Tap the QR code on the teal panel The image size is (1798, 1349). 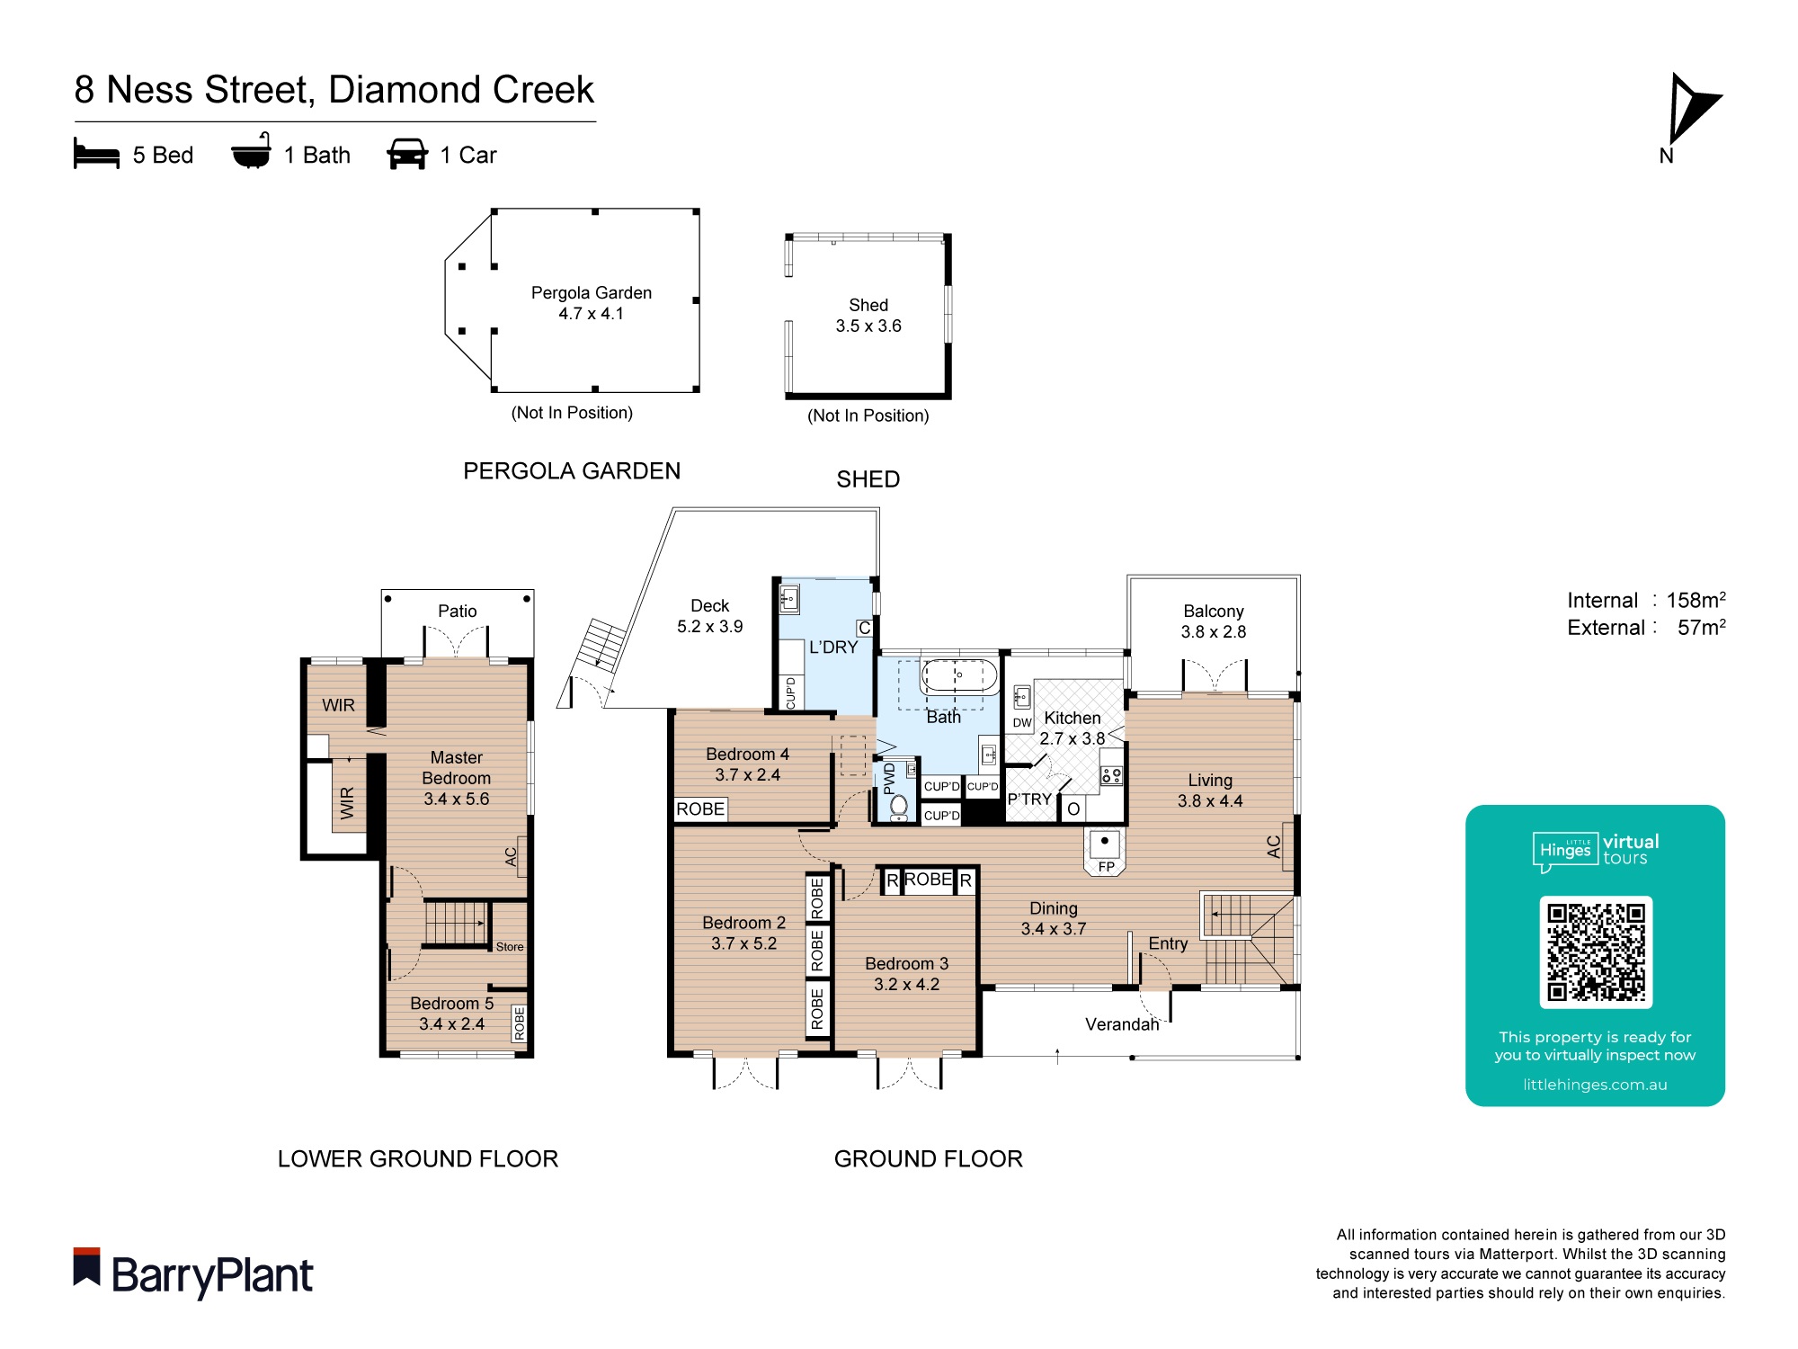[1596, 951]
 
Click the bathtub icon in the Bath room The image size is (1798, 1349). [957, 675]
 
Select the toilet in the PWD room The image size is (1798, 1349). [898, 805]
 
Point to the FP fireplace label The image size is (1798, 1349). [1106, 866]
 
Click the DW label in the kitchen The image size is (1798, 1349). [1021, 722]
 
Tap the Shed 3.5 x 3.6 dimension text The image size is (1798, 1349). [868, 326]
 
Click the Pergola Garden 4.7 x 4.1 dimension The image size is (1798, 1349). [591, 314]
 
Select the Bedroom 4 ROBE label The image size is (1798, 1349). [700, 809]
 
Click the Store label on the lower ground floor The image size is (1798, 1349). [510, 946]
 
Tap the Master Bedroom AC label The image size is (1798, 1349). [511, 856]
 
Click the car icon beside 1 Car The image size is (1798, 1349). [406, 154]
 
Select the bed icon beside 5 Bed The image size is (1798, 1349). [96, 154]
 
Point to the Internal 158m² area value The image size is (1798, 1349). [1696, 600]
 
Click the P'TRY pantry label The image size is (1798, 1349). [1028, 799]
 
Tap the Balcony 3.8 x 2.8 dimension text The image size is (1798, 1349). [1213, 631]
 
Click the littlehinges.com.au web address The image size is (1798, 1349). [1595, 1085]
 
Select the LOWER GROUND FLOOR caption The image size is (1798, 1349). [418, 1158]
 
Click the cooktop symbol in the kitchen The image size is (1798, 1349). [1111, 774]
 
